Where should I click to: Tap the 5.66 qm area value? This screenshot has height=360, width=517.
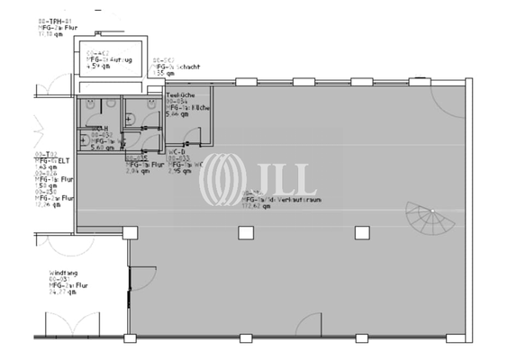(x=177, y=115)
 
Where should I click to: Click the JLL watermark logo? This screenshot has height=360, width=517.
(x=257, y=177)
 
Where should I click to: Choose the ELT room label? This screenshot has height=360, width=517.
(x=52, y=159)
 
